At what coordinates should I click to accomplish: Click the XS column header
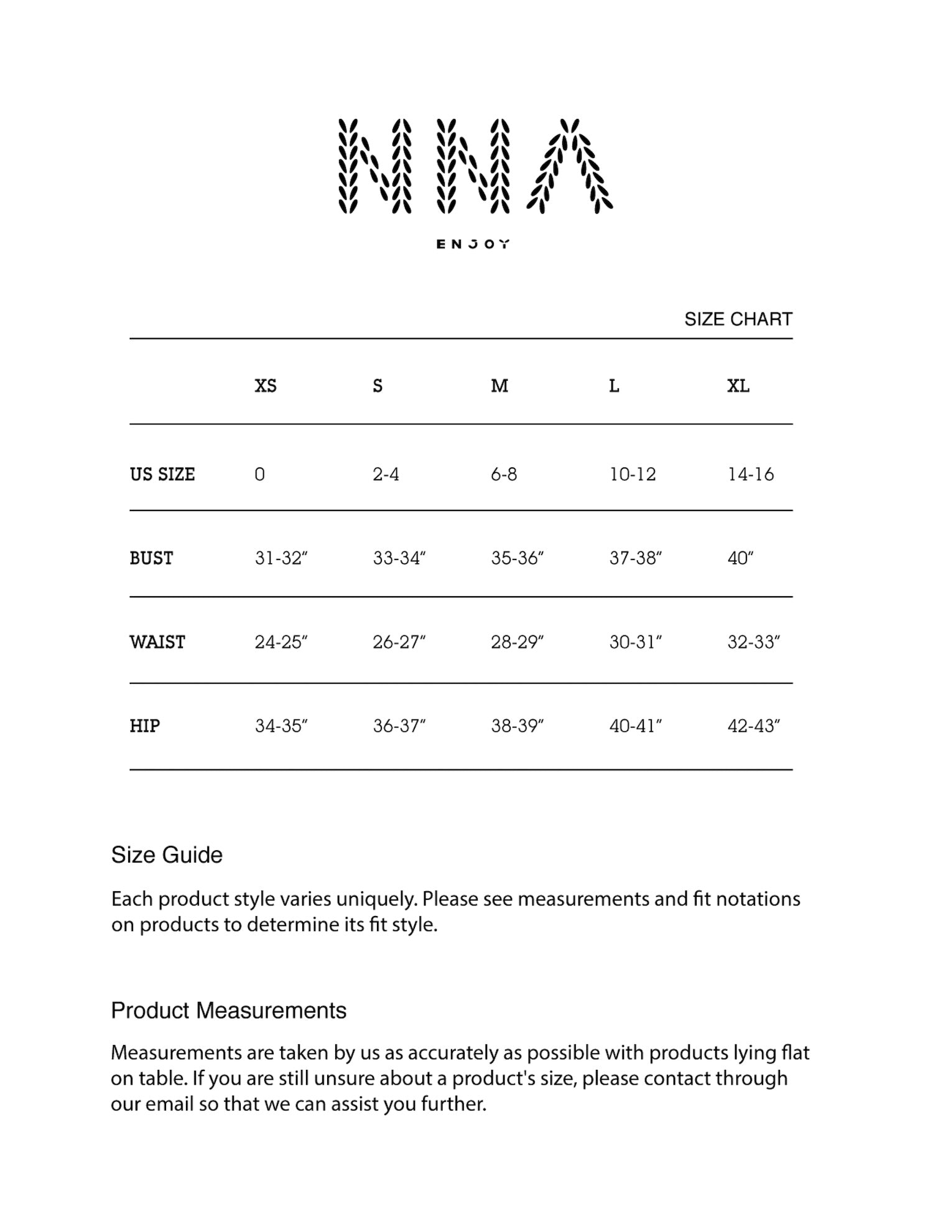click(266, 386)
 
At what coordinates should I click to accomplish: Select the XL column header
click(738, 386)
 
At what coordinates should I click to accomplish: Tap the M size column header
click(499, 386)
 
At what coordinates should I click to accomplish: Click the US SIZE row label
click(162, 474)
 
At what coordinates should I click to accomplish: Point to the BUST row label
click(151, 558)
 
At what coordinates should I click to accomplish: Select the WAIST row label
click(157, 642)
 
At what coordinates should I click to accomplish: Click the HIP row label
click(145, 726)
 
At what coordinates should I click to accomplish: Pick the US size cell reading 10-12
click(633, 474)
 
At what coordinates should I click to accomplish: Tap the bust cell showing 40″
click(740, 558)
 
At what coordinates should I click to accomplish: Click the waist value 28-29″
click(517, 642)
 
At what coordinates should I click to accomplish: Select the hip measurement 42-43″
click(753, 726)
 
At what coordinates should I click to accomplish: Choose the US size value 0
click(259, 474)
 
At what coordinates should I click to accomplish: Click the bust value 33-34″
click(399, 558)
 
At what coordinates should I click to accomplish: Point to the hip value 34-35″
click(281, 726)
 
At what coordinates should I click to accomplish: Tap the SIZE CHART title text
click(738, 319)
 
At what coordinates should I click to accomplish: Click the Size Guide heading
click(167, 855)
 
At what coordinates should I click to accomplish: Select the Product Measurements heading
click(228, 1011)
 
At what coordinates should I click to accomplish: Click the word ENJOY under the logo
click(473, 244)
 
